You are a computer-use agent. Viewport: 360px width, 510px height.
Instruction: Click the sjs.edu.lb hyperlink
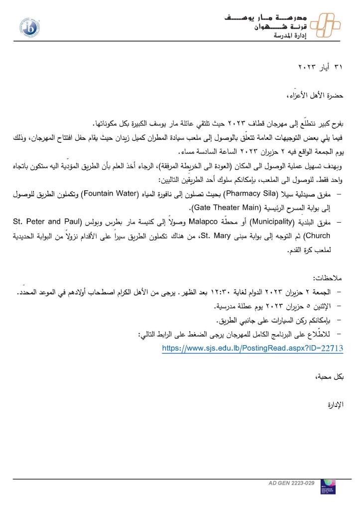tap(252, 349)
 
